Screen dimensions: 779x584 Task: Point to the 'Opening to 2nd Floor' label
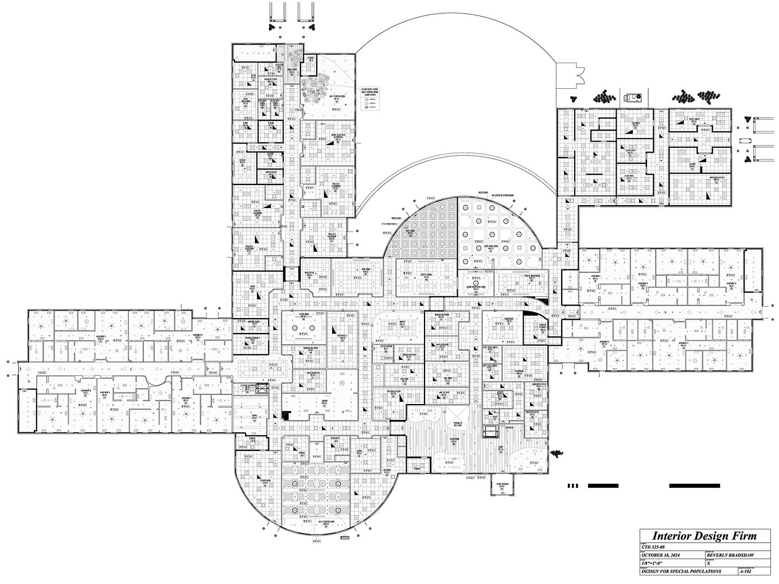[458, 424]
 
